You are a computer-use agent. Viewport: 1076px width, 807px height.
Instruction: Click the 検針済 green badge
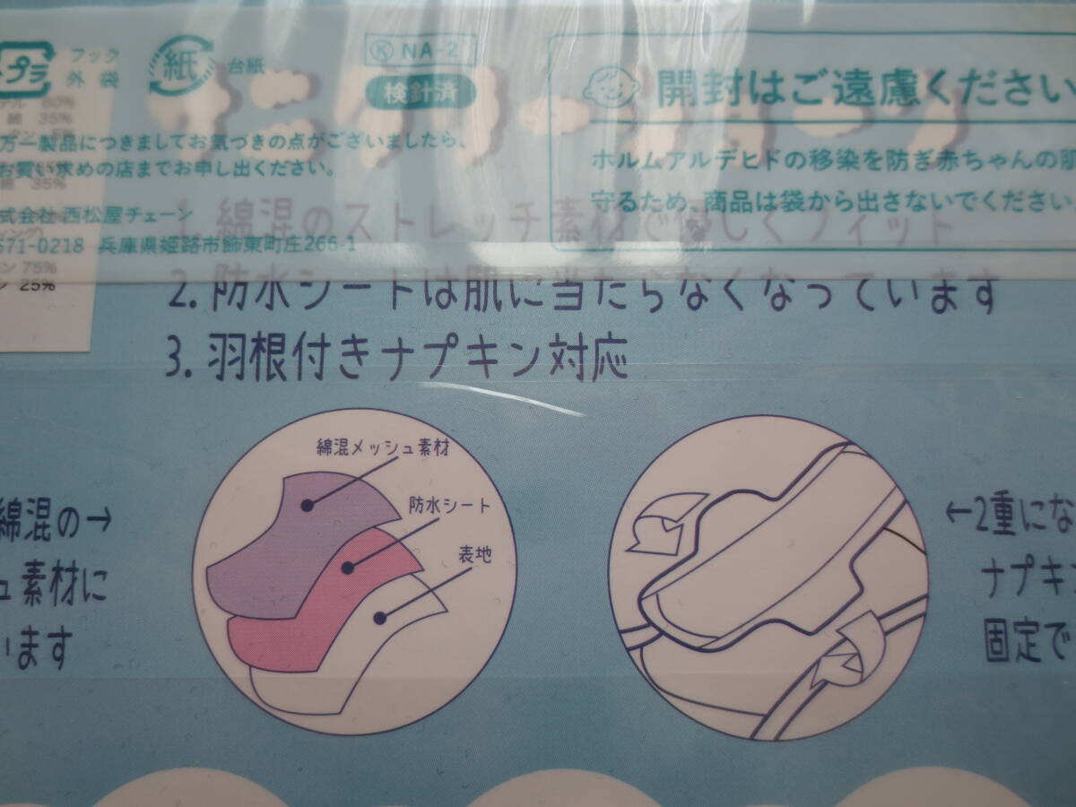(x=419, y=90)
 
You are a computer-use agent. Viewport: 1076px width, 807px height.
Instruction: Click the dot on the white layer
(x=379, y=618)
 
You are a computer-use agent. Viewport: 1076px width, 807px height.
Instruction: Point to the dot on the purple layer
(x=308, y=506)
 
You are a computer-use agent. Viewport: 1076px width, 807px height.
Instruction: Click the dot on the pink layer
(x=347, y=566)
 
